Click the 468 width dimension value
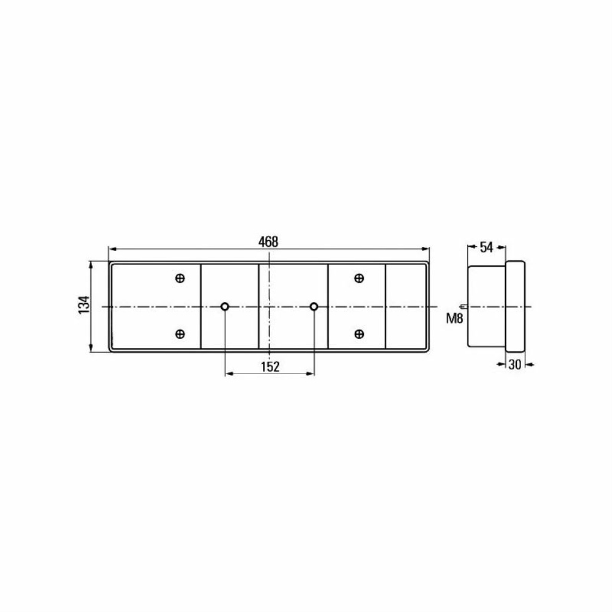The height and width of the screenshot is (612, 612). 268,242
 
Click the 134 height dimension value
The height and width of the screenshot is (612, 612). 84,305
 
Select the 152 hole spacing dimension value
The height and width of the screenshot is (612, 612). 270,366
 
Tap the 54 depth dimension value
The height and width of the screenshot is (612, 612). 486,247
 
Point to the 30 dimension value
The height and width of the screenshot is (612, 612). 515,365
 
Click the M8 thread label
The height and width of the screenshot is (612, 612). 455,319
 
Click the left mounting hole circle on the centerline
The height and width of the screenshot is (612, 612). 225,307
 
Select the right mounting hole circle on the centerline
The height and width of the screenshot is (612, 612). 314,307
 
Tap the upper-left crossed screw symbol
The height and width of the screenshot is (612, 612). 180,279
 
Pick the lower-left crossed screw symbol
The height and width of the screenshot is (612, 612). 180,334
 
